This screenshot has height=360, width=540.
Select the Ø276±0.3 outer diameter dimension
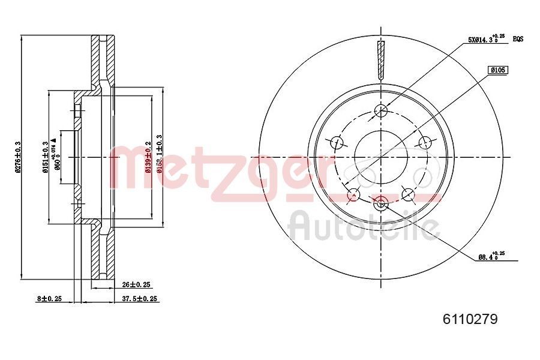point(19,157)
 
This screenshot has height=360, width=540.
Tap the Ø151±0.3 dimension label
point(45,157)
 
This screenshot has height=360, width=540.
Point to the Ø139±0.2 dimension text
point(148,157)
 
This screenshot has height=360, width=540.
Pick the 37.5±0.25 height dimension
point(140,298)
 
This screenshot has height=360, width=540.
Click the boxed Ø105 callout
point(498,70)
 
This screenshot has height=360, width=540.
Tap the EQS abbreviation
point(518,39)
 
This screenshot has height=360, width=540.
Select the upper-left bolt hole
point(337,142)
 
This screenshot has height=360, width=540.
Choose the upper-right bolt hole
point(425,142)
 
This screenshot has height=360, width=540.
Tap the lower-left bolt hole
point(353,194)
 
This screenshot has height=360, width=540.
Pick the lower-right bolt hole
point(409,194)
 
